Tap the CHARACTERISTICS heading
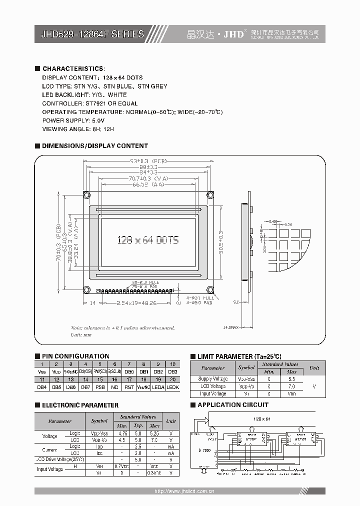73,68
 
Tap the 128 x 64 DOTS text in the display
147,239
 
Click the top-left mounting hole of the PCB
86,194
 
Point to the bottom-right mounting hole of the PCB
210,289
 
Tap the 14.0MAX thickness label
230,327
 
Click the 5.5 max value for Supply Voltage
292,379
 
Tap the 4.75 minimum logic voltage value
121,433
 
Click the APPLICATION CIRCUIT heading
232,405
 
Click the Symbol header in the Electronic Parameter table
99,421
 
